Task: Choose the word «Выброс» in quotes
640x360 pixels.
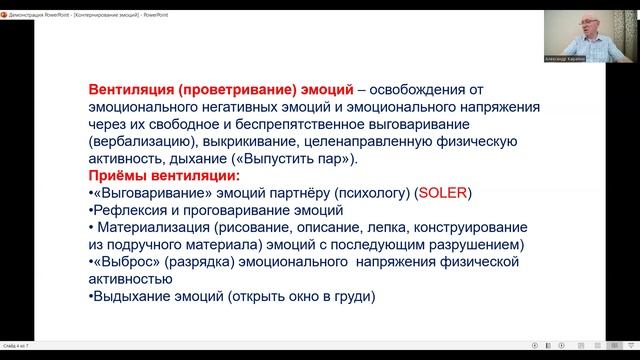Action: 126,262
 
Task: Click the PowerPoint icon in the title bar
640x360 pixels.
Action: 6,6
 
